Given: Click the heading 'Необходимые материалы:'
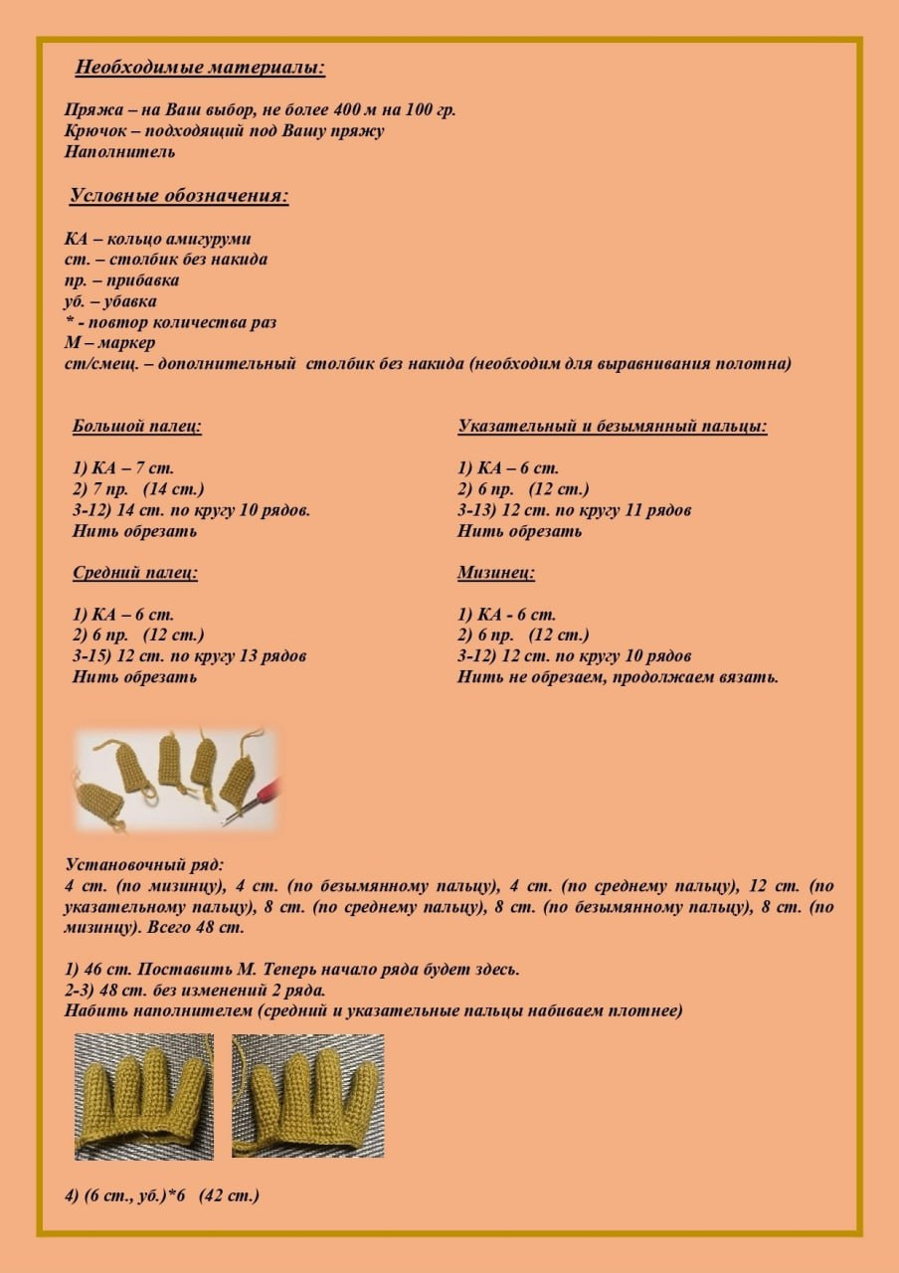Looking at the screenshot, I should click(x=200, y=69).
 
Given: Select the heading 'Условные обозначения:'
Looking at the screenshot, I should click(x=179, y=196).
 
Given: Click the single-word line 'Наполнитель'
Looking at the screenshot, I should click(x=119, y=152).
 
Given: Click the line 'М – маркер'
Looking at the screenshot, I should click(x=108, y=343).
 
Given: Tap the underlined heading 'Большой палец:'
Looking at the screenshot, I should click(x=137, y=427).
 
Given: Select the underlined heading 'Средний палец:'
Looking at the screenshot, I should click(x=135, y=573).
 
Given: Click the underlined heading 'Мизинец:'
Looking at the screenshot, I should click(x=496, y=573).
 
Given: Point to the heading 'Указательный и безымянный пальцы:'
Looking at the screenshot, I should click(x=613, y=427).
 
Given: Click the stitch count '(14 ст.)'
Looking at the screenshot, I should click(x=173, y=489).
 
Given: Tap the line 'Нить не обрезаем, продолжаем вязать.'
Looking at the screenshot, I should click(x=618, y=677).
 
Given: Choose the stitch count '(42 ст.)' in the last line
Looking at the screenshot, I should click(x=229, y=1195).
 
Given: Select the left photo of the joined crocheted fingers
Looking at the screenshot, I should click(x=144, y=1096).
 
